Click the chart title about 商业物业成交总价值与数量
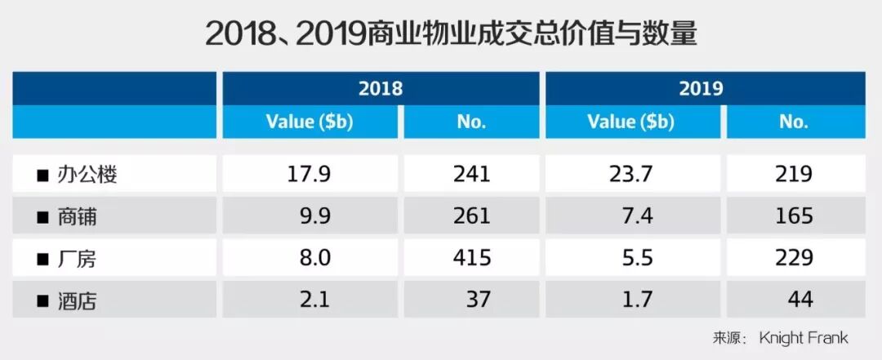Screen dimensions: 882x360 (x=451, y=35)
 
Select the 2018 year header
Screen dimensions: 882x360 (x=381, y=88)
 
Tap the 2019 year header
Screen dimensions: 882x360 (x=701, y=88)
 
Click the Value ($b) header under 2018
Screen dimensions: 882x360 (x=310, y=122)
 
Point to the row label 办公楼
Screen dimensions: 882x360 (x=87, y=175)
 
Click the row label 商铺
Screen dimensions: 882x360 (x=77, y=216)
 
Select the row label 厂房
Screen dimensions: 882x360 (x=77, y=259)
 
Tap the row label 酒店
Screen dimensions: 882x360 (x=77, y=301)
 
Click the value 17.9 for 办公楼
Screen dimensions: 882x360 (x=310, y=174)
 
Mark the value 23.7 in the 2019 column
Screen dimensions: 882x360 (x=631, y=174)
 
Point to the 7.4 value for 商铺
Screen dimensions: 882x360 (x=639, y=216)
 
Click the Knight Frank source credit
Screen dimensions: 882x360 (x=804, y=338)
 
